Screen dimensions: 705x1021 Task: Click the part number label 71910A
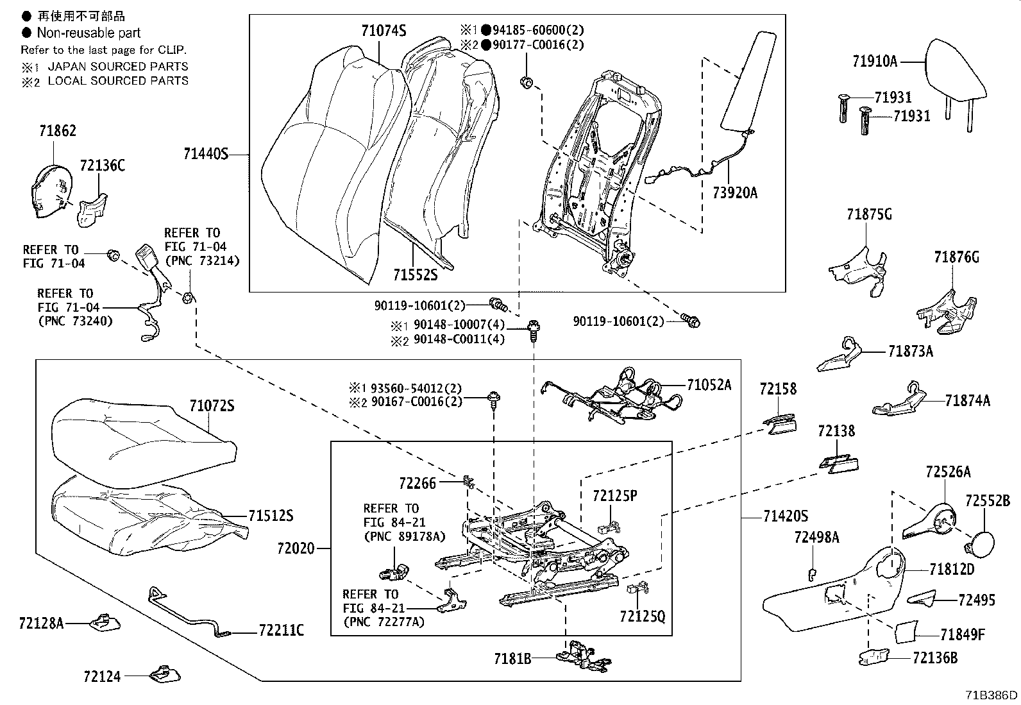pyautogui.click(x=875, y=62)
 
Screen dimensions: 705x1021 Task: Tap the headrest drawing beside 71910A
pyautogui.click(x=956, y=71)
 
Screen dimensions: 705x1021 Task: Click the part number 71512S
pyautogui.click(x=271, y=516)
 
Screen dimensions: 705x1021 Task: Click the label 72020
pyautogui.click(x=296, y=548)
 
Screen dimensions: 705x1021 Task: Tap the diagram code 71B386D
pyautogui.click(x=992, y=695)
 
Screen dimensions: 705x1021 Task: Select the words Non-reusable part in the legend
pyautogui.click(x=89, y=33)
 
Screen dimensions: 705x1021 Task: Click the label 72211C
pyautogui.click(x=282, y=631)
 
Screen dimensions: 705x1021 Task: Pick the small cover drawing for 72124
pyautogui.click(x=165, y=674)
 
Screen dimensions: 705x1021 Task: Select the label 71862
pyautogui.click(x=57, y=131)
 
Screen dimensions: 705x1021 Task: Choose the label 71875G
pyautogui.click(x=869, y=215)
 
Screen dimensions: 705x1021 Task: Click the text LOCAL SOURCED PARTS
pyautogui.click(x=118, y=81)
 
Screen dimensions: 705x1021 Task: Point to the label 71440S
pyautogui.click(x=205, y=154)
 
